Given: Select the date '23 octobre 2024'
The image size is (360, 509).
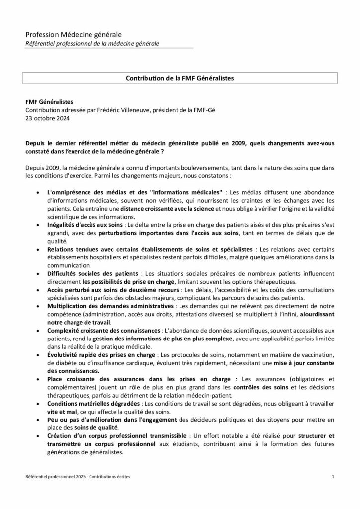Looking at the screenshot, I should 47,119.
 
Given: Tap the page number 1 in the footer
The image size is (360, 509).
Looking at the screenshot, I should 332,477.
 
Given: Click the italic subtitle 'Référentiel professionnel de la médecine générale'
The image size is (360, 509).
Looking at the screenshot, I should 92,44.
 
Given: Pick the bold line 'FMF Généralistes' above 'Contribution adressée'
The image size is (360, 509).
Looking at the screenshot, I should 49,102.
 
